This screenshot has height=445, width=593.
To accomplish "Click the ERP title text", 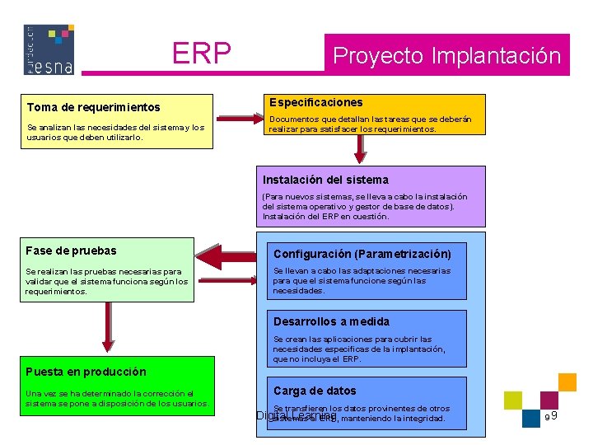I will tap(201, 54).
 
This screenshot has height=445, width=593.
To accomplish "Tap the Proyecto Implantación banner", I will tap(446, 56).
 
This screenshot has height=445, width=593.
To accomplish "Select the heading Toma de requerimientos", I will tap(93, 107).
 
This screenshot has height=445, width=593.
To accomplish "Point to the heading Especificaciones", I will tap(315, 102).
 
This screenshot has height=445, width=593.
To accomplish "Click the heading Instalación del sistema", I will tap(325, 180).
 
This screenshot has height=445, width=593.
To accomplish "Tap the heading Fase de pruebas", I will tap(72, 251).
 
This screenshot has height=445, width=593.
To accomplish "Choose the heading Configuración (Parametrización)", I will tap(362, 254).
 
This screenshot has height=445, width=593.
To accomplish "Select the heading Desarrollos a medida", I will tap(331, 321).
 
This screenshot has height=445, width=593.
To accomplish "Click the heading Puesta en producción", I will tap(86, 372).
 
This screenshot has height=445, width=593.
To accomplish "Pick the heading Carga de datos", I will tap(315, 391).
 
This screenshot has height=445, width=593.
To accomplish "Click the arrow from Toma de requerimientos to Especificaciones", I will tap(236, 120).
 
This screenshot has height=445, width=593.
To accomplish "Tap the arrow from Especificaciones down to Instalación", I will tap(359, 148).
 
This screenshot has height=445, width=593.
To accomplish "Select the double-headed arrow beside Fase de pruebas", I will tap(226, 252).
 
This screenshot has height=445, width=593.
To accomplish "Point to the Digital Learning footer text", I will tap(296, 416).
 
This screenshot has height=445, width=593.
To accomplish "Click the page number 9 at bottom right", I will tap(554, 415).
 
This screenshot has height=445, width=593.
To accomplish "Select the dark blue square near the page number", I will tap(530, 418).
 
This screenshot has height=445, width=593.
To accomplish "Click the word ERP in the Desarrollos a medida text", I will tap(350, 359).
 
